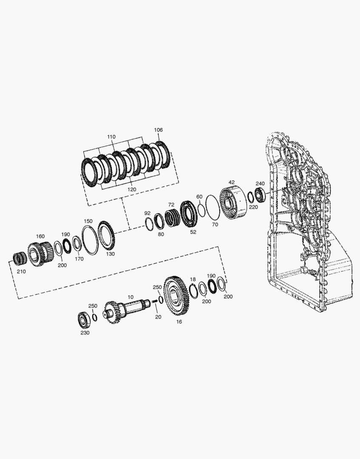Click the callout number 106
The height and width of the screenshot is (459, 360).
click(159, 130)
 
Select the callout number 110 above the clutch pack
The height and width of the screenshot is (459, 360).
click(111, 137)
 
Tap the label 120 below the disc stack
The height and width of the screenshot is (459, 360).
click(132, 190)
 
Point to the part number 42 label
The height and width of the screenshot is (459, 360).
click(232, 182)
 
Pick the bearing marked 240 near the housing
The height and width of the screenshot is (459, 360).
click(260, 195)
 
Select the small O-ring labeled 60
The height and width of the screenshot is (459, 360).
click(201, 210)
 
